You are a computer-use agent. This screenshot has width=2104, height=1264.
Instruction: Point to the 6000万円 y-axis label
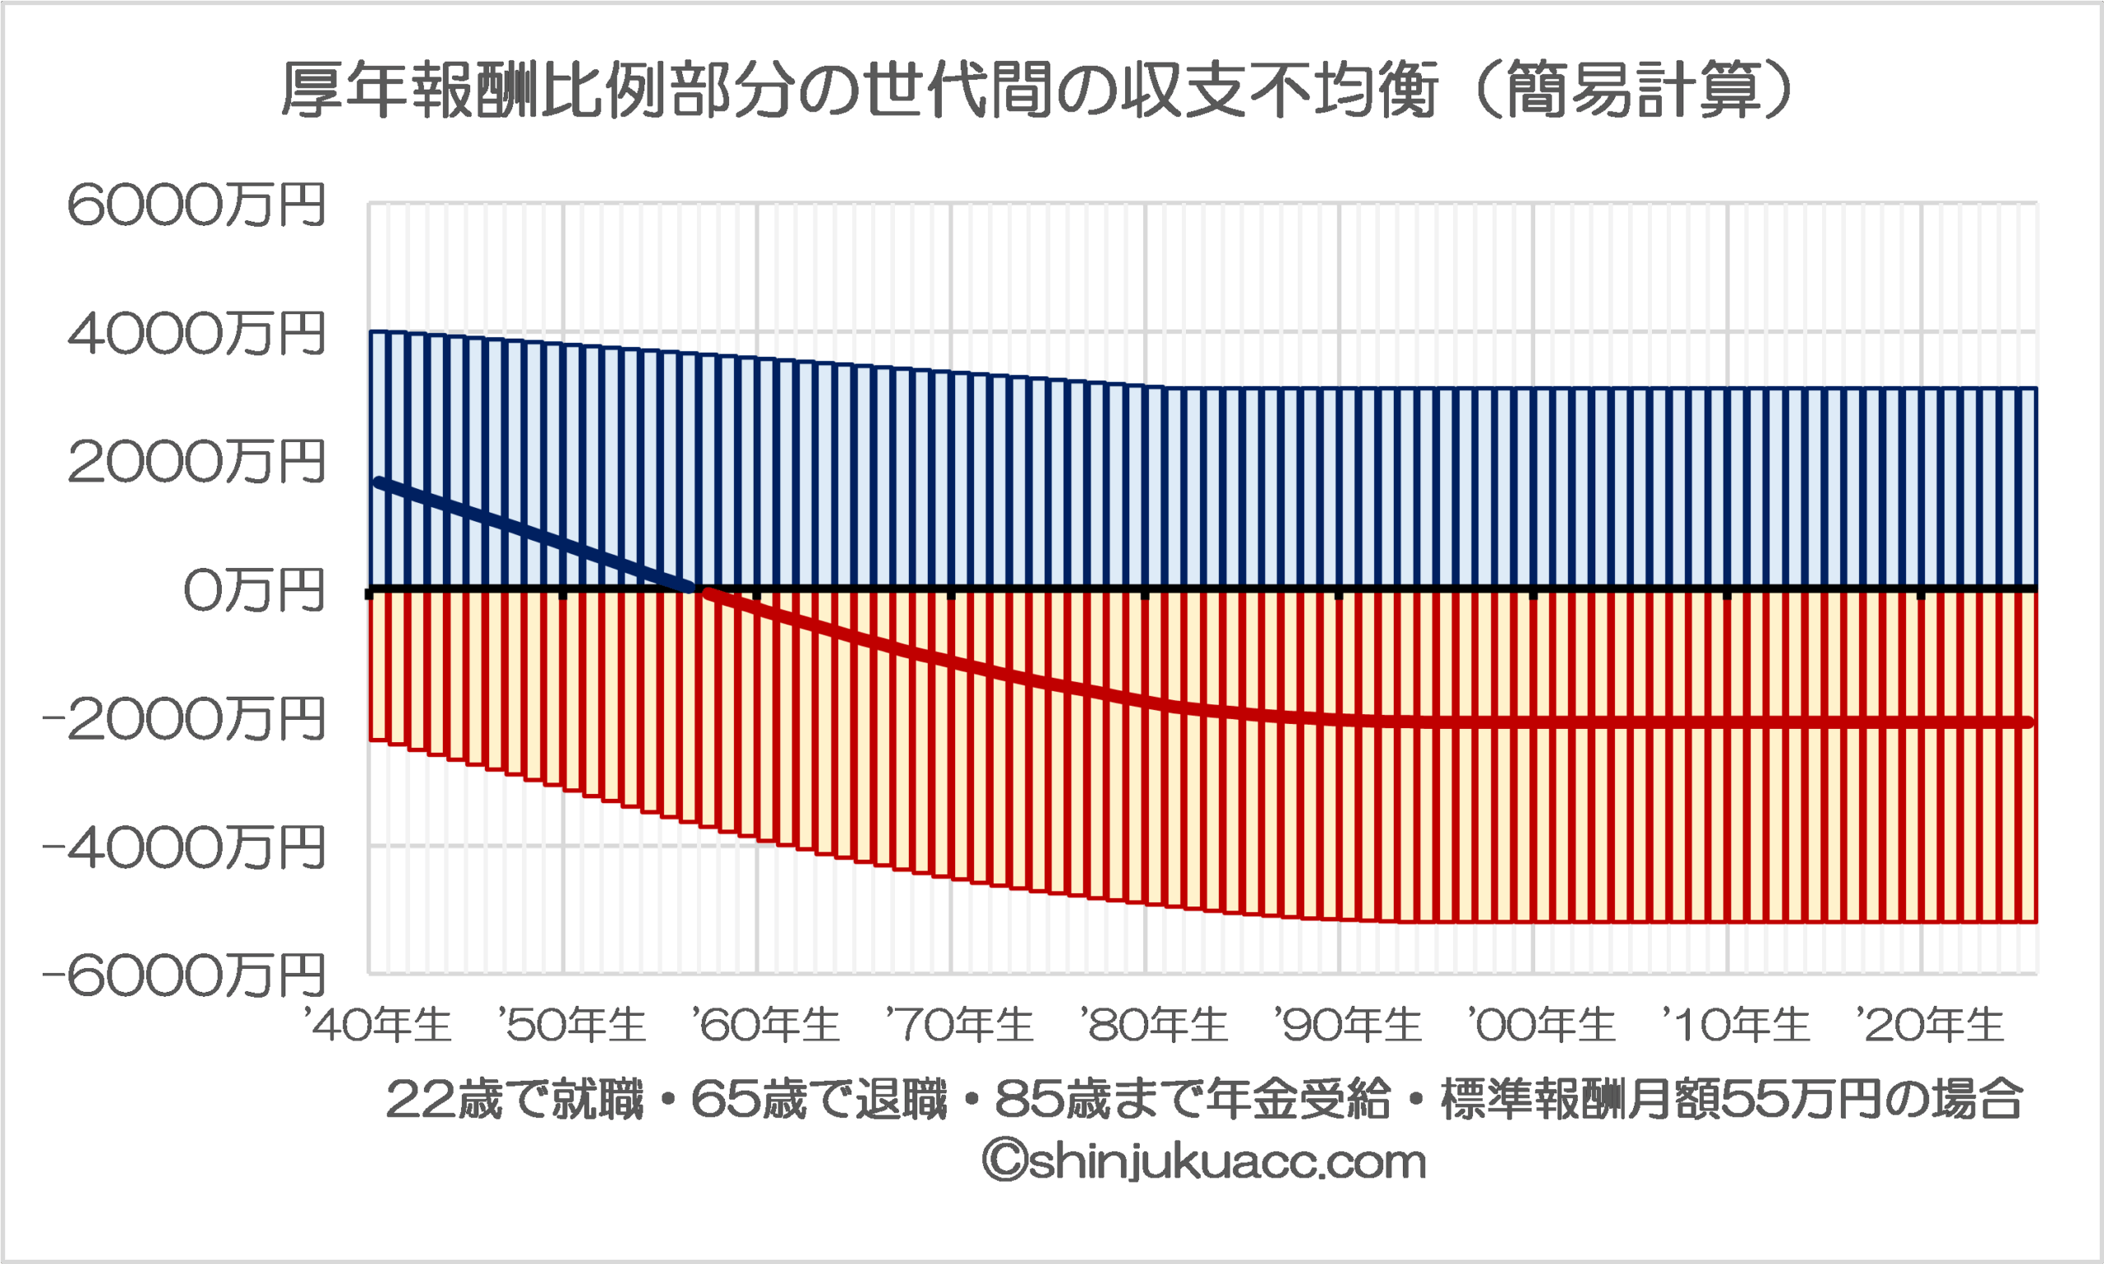pyautogui.click(x=196, y=205)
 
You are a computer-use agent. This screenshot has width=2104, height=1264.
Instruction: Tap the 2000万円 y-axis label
pyautogui.click(x=196, y=462)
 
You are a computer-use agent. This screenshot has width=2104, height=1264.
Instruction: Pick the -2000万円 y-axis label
pyautogui.click(x=184, y=719)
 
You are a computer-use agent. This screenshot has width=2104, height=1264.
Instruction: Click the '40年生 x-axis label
pyautogui.click(x=377, y=1025)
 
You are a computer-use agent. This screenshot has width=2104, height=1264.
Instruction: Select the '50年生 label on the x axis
pyautogui.click(x=571, y=1025)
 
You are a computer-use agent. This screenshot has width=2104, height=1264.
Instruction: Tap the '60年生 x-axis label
pyautogui.click(x=766, y=1025)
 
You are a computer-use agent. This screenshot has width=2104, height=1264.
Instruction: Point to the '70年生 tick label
pyautogui.click(x=959, y=1025)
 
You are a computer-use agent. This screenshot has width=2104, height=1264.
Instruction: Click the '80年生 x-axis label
pyautogui.click(x=1153, y=1025)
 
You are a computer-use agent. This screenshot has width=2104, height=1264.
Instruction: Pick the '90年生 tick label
pyautogui.click(x=1348, y=1025)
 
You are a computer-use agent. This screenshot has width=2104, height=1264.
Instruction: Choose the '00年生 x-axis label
pyautogui.click(x=1541, y=1025)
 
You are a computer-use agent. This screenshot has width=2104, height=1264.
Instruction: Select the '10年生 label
pyautogui.click(x=1735, y=1025)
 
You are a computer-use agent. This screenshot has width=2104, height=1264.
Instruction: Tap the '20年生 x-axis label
pyautogui.click(x=1930, y=1025)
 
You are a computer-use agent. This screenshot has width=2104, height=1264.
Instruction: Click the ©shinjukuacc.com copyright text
pyautogui.click(x=1203, y=1162)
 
